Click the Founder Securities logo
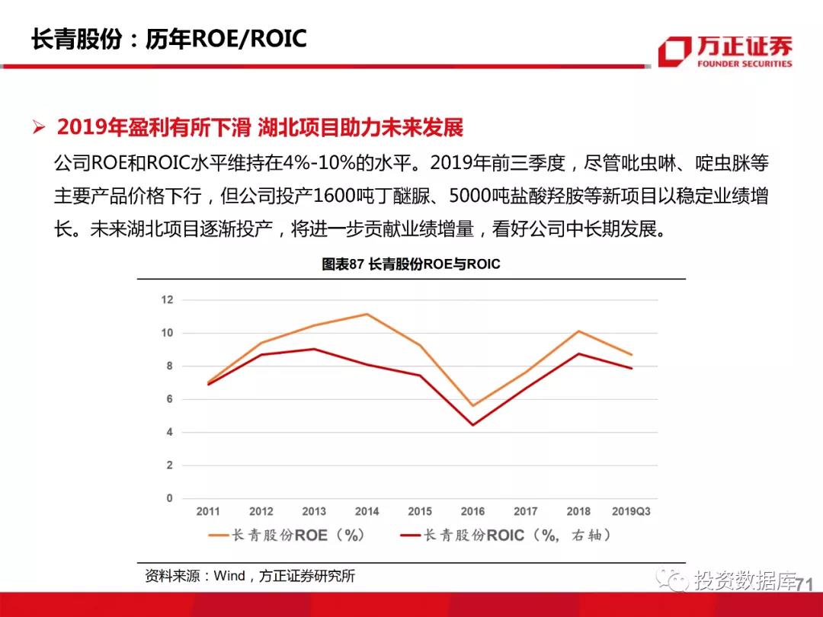click(x=725, y=52)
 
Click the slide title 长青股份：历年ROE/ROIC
click(x=168, y=39)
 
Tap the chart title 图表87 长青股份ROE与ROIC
click(x=411, y=264)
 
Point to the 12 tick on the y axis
click(x=167, y=300)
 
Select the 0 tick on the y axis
click(x=169, y=498)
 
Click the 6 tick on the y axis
click(x=169, y=399)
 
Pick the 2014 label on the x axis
click(x=367, y=511)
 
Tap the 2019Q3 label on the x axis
click(x=631, y=511)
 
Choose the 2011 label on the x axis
click(x=208, y=511)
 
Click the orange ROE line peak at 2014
click(x=367, y=314)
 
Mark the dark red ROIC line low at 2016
click(x=472, y=425)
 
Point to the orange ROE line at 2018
click(x=578, y=331)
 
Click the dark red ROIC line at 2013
click(x=314, y=349)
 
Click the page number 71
click(x=805, y=584)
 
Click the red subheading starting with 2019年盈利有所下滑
click(x=260, y=127)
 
